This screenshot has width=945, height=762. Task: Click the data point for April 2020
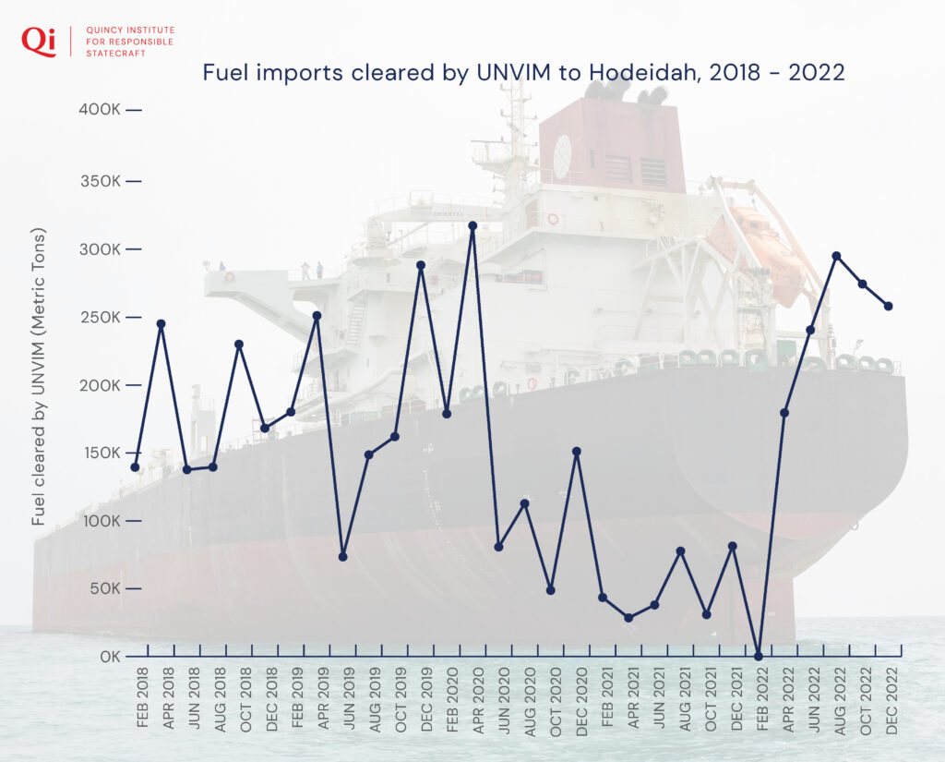coord(472,225)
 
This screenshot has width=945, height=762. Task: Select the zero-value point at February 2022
coord(759,656)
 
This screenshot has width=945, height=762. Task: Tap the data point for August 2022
coord(836,256)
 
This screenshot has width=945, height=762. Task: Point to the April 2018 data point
coord(161,324)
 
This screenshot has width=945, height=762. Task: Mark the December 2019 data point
coord(421,265)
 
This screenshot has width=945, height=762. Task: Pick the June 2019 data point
coord(342,556)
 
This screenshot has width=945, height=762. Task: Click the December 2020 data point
coord(577,452)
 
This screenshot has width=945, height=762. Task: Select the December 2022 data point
coord(889,306)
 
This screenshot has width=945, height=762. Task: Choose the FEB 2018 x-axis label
coord(142,698)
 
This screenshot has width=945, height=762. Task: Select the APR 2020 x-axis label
coord(478,698)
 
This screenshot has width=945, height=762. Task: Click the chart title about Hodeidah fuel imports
coord(523,73)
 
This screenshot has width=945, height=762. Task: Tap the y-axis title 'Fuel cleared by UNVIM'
coord(39,376)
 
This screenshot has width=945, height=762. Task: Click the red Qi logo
coord(39,41)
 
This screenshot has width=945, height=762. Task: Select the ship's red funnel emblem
coord(561,156)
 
